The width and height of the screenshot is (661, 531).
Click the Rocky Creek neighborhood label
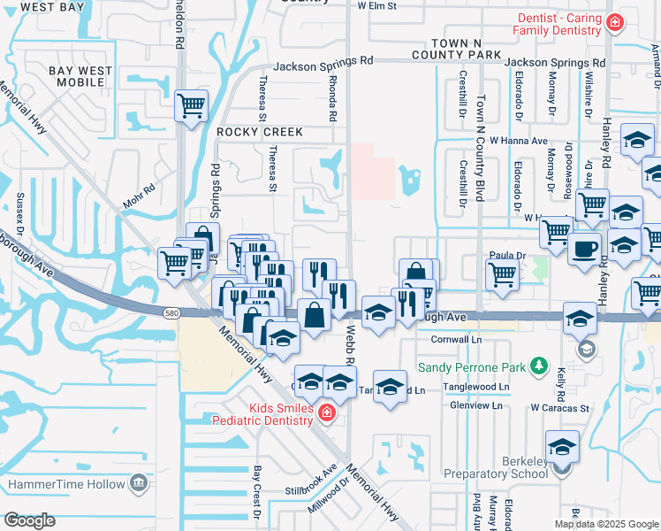tap(260, 132)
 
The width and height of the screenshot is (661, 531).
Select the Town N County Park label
tap(476, 49)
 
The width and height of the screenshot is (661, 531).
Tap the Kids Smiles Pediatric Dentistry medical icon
tap(326, 413)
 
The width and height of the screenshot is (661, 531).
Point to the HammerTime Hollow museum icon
tap(139, 483)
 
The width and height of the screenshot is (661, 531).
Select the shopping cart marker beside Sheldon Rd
tap(192, 107)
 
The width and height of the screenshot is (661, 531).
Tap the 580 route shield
tap(172, 312)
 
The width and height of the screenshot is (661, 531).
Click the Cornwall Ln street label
tap(456, 339)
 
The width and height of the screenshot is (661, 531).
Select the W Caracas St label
tap(559, 408)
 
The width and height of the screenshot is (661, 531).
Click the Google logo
tap(29, 520)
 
